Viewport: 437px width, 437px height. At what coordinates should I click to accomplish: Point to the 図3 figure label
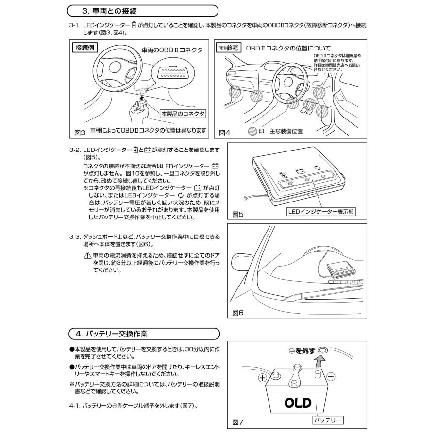coord(80,132)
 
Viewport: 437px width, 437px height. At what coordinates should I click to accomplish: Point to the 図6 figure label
coord(238,312)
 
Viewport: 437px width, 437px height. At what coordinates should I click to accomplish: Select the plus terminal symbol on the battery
coord(262,377)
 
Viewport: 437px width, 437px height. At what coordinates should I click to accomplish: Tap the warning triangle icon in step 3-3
coord(88,255)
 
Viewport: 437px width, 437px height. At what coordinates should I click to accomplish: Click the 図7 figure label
coord(238,423)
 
